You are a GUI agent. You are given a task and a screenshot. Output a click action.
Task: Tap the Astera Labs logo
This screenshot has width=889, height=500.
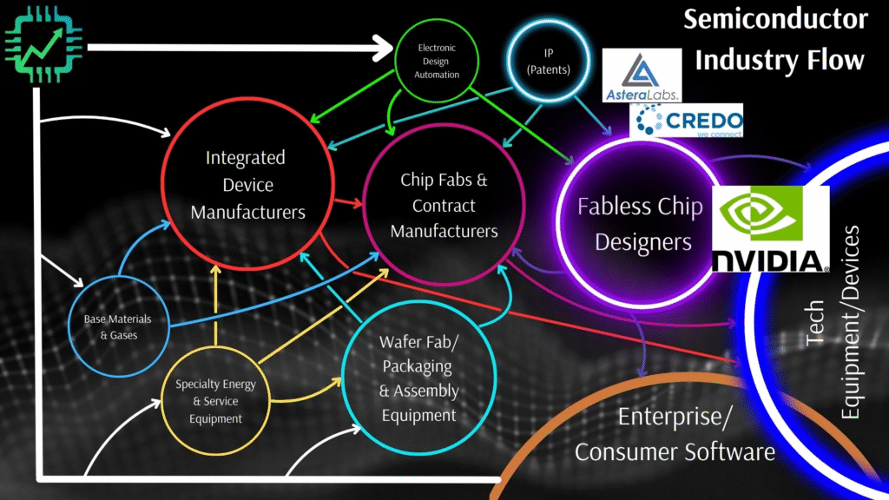pos(642,75)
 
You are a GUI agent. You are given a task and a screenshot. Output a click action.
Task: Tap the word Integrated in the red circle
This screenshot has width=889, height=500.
pos(246,158)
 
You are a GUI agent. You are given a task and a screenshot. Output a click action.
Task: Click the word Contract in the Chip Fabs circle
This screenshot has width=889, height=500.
pos(444,206)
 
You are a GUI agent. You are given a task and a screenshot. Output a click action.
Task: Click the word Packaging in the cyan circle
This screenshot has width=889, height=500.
pos(418,365)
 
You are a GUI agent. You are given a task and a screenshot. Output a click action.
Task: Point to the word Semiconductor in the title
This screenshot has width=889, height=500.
pos(774,20)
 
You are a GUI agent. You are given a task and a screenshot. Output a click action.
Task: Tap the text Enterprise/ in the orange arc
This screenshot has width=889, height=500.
pos(675,417)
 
